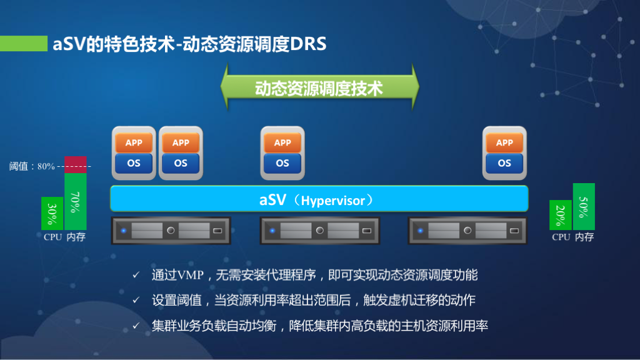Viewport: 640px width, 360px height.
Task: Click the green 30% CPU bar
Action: (x=52, y=214)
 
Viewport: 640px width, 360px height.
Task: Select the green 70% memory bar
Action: (x=76, y=202)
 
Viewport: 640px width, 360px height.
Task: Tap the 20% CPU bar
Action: (x=561, y=215)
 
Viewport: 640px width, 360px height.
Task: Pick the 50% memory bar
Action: (x=584, y=206)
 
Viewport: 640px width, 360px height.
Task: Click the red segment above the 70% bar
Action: (x=76, y=165)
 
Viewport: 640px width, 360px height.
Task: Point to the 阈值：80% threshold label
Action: (x=32, y=166)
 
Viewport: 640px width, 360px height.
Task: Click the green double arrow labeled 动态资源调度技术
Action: (x=319, y=87)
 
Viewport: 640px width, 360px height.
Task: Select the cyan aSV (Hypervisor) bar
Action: (x=319, y=199)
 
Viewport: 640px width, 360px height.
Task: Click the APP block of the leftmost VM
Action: (x=134, y=143)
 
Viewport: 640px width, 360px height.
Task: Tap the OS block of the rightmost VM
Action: (x=504, y=163)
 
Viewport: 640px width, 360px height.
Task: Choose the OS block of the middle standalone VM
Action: (x=282, y=163)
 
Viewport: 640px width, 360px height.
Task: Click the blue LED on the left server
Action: (x=124, y=231)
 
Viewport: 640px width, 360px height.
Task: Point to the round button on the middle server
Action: (x=320, y=231)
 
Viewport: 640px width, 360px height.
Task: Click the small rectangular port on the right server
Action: (x=514, y=231)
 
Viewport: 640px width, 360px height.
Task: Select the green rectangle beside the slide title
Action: (x=24, y=44)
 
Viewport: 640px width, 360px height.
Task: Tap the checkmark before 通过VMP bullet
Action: (x=136, y=275)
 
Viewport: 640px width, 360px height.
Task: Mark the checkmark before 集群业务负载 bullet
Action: (x=136, y=326)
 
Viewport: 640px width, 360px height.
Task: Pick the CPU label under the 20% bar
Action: (x=561, y=237)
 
